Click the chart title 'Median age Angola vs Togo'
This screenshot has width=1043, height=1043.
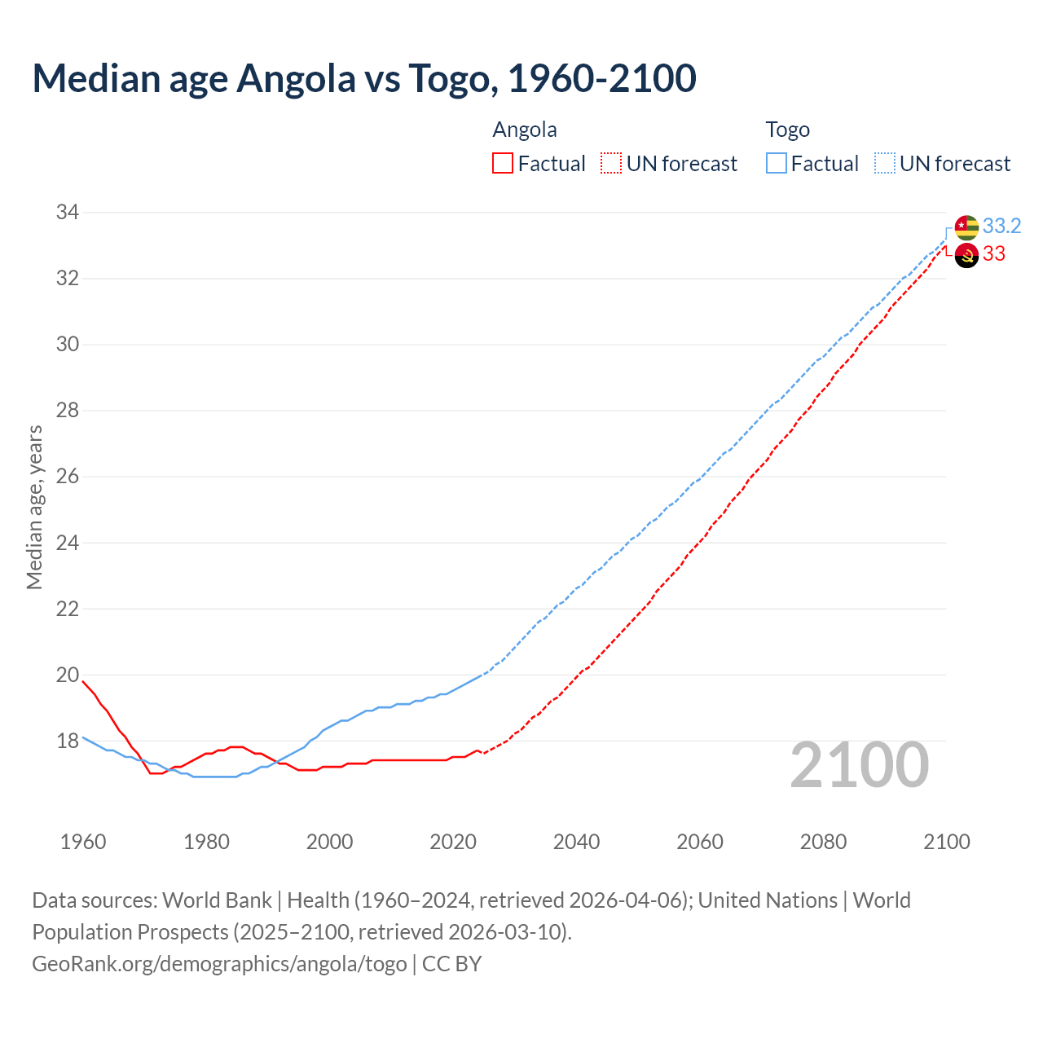pyautogui.click(x=363, y=78)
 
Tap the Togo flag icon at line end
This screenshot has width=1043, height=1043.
pyautogui.click(x=966, y=227)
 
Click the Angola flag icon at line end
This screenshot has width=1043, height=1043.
pyautogui.click(x=966, y=255)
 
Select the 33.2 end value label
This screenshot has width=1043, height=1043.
pyautogui.click(x=1001, y=226)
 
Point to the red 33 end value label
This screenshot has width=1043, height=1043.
pyautogui.click(x=994, y=254)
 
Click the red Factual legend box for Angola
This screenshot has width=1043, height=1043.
pyautogui.click(x=503, y=164)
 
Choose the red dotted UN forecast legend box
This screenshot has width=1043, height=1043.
pyautogui.click(x=611, y=164)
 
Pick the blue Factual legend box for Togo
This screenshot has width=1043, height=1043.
pyautogui.click(x=777, y=164)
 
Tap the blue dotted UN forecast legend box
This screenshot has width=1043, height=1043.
pyautogui.click(x=885, y=164)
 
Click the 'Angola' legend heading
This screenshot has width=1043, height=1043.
pyautogui.click(x=525, y=130)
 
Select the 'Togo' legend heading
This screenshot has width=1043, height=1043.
pyautogui.click(x=787, y=130)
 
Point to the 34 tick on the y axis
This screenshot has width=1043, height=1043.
pyautogui.click(x=67, y=213)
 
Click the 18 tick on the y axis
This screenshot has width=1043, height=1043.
pyautogui.click(x=67, y=742)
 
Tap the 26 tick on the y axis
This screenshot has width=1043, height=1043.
pyautogui.click(x=67, y=477)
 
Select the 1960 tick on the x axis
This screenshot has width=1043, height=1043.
pyautogui.click(x=83, y=842)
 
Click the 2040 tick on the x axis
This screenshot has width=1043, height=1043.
pyautogui.click(x=576, y=842)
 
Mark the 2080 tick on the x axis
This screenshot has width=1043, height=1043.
pyautogui.click(x=823, y=842)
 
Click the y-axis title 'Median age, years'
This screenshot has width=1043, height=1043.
pyautogui.click(x=34, y=507)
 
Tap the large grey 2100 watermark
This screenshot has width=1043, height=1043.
pyautogui.click(x=859, y=764)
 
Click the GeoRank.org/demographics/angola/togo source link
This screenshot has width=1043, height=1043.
pyautogui.click(x=219, y=964)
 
